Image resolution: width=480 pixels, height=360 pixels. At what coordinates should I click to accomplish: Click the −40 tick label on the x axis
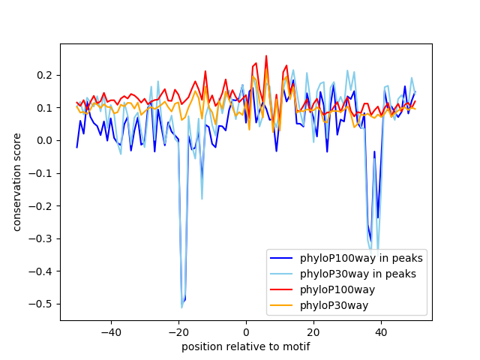(x=111, y=331)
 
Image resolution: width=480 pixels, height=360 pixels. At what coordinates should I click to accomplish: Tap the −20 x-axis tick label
(x=178, y=331)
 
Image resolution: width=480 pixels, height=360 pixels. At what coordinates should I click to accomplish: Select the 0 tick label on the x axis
(x=246, y=331)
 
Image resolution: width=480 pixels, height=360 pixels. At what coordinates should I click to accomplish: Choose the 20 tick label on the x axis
(x=313, y=331)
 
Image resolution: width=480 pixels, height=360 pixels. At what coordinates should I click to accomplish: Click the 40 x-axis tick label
(x=381, y=331)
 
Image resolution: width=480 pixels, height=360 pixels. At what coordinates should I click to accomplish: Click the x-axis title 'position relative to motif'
(x=245, y=346)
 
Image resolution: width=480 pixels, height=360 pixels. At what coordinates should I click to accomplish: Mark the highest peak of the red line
(x=266, y=55)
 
